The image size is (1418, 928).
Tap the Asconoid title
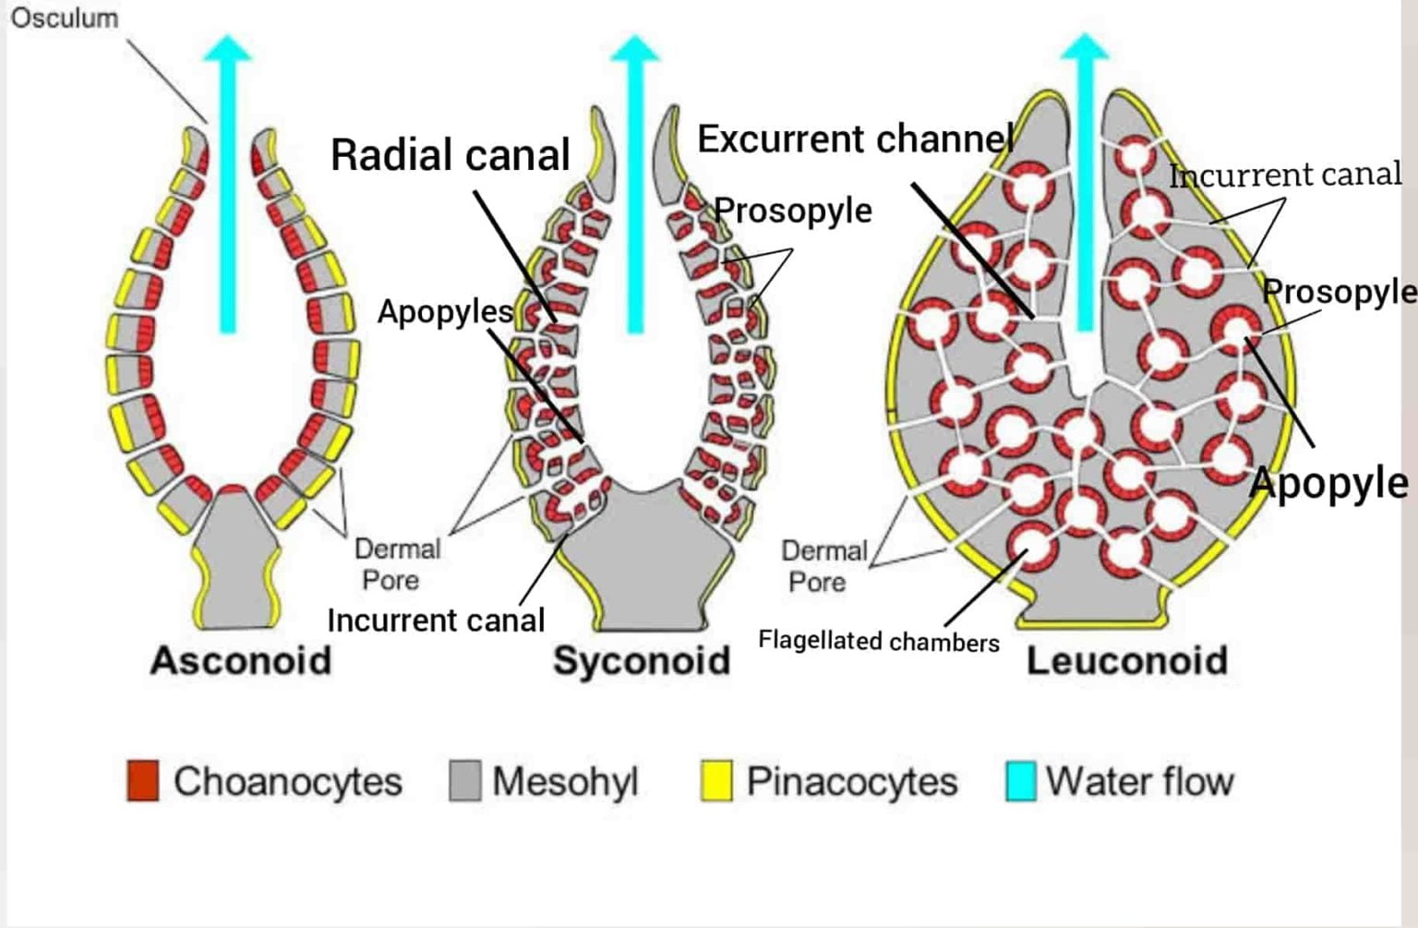(x=240, y=661)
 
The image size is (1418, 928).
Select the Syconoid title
(x=642, y=661)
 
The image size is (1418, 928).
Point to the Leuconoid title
(x=1127, y=661)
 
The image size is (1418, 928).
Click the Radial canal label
(x=451, y=155)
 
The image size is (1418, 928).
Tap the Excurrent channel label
(x=855, y=139)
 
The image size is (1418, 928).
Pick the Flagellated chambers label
(x=878, y=641)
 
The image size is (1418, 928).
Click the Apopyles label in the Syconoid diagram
(x=445, y=312)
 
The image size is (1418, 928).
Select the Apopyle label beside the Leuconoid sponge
(x=1329, y=483)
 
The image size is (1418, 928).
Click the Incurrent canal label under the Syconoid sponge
(x=436, y=620)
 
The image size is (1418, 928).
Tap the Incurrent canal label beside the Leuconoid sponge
(x=1285, y=175)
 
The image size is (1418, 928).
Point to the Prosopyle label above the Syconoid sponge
(x=793, y=211)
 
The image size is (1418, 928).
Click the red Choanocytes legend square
(x=143, y=780)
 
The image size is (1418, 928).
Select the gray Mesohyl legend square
(x=465, y=780)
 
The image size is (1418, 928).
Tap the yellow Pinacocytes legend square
(x=716, y=780)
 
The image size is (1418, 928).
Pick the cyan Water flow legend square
(x=1020, y=780)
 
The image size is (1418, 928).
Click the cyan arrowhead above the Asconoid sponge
(x=228, y=48)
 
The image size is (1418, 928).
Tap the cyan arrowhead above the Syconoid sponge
(x=634, y=48)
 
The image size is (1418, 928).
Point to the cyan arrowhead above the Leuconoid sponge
(x=1085, y=48)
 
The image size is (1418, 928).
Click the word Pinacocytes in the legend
(x=851, y=781)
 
